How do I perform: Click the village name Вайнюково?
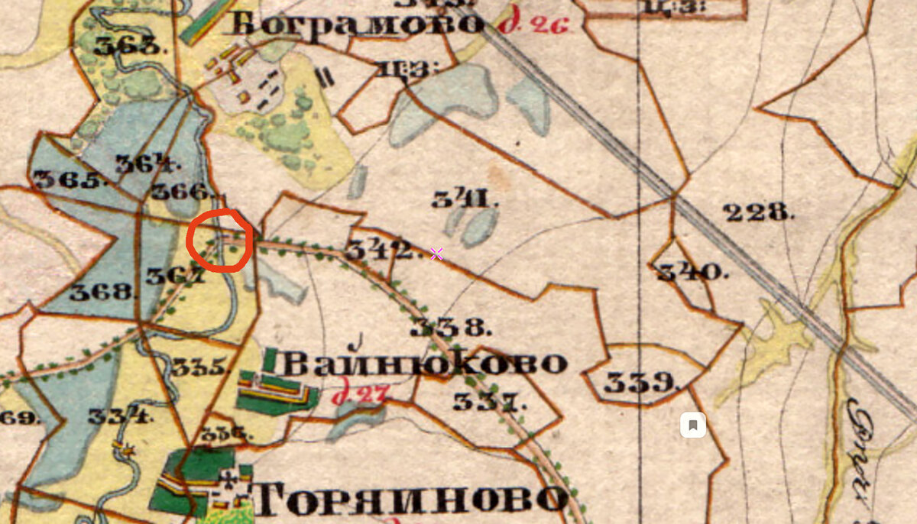[x=425, y=363]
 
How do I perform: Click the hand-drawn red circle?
[x=219, y=240]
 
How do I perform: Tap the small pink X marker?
[x=436, y=254]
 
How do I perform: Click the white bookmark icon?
[x=692, y=425]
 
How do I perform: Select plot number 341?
[x=465, y=200]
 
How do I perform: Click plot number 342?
[x=378, y=249]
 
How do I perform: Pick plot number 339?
[x=640, y=381]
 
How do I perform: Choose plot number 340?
[x=689, y=271]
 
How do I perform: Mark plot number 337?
[x=489, y=399]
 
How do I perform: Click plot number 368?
[x=100, y=291]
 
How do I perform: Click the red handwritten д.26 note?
[x=534, y=24]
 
